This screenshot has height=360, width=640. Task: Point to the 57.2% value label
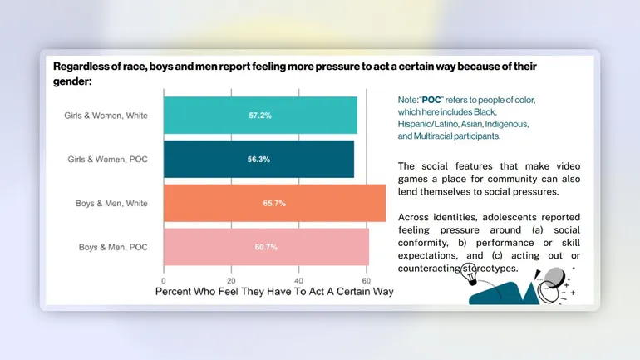pos(260,116)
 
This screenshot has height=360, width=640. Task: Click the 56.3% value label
pos(258,159)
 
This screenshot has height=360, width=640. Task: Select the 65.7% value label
pos(274,203)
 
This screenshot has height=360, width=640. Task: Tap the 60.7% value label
pos(266,247)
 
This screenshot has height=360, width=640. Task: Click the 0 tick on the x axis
pos(164,280)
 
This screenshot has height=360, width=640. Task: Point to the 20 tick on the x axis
pos(231,280)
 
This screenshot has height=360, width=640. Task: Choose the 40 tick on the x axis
pos(298,280)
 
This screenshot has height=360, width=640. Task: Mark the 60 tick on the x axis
pos(366,280)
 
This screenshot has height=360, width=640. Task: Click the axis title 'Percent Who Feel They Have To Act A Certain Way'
pos(274,292)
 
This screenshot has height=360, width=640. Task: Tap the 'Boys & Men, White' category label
pos(113,203)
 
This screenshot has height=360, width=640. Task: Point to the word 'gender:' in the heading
pos(72,81)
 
